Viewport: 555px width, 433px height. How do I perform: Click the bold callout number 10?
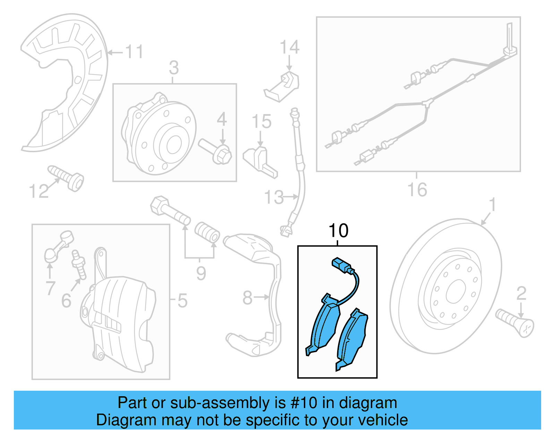coord(338,231)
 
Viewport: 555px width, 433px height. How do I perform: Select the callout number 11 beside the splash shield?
coord(134,52)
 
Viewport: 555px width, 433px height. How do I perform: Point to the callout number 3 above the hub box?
coord(174,68)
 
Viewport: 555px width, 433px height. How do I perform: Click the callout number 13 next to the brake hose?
coord(274,197)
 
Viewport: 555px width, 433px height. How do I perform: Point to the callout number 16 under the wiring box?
coord(417,190)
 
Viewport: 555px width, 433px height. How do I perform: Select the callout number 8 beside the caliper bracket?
coord(247,298)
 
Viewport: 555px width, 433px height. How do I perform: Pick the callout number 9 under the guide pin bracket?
coord(201,274)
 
